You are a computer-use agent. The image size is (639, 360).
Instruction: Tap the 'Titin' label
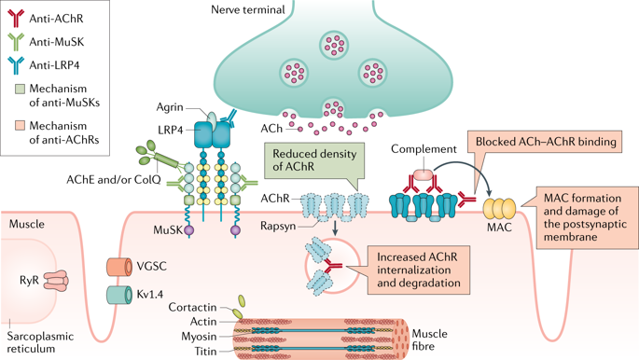[204, 351]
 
